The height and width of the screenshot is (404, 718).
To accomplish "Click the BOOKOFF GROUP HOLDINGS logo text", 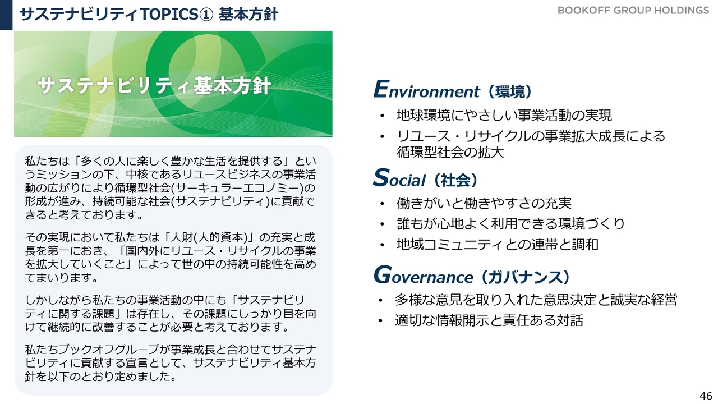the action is [633, 11].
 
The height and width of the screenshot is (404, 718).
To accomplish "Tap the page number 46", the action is [706, 396].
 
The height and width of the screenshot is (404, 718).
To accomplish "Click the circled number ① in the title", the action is [206, 15].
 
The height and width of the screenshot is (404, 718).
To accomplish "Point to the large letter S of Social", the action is [381, 177].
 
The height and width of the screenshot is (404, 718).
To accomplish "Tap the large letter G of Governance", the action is [383, 274].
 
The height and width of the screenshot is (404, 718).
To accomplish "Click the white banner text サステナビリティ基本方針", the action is [154, 86].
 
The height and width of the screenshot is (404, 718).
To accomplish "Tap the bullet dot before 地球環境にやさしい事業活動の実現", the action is [382, 116].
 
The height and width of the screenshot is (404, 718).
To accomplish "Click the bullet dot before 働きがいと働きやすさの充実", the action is [382, 204].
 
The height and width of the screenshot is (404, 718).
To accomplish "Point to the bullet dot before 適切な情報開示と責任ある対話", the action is [380, 321].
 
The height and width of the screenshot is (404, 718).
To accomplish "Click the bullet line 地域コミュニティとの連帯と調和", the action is [498, 245].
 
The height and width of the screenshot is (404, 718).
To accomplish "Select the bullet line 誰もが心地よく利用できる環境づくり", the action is [511, 224].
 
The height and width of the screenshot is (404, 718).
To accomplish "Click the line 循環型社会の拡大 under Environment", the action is [450, 152].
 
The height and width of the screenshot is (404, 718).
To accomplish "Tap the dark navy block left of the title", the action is [6, 15].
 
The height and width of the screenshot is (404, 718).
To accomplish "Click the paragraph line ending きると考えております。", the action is [84, 215].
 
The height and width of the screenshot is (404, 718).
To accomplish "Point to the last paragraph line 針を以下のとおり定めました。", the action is [100, 377].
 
